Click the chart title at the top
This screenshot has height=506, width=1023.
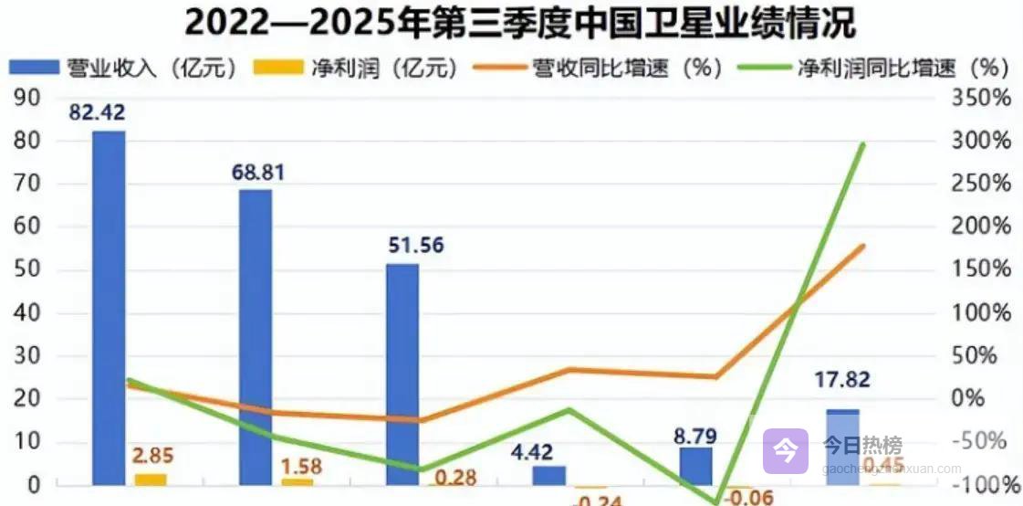pos(510,22)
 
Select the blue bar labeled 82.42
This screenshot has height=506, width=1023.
pos(110,306)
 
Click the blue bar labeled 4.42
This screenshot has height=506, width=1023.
pos(549,475)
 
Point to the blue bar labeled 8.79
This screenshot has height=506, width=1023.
pos(695,465)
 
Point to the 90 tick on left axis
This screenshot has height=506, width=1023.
pos(27,98)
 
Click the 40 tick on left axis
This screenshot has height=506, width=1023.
pos(27,313)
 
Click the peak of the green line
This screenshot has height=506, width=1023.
pos(861,143)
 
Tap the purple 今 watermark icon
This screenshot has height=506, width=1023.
pos(785,450)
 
